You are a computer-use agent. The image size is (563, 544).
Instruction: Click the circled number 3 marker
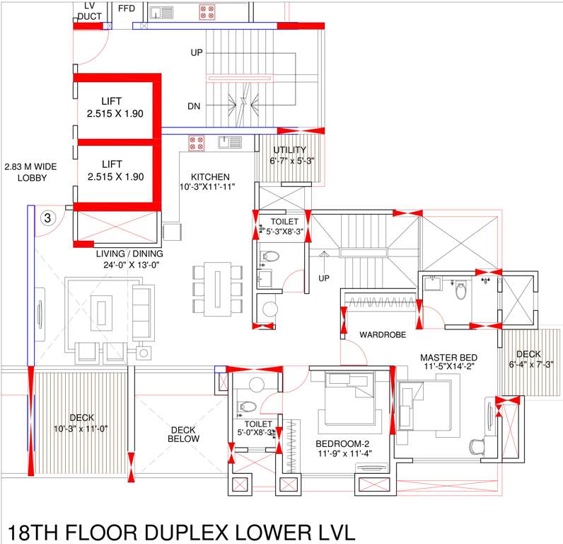[x=47, y=217]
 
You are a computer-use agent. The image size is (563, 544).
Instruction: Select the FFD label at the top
[x=127, y=8]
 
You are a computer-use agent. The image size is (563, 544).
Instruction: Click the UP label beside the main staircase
[x=197, y=52]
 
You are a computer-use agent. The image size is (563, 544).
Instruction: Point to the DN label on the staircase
[x=194, y=106]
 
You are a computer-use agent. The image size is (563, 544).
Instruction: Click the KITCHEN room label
[x=209, y=176]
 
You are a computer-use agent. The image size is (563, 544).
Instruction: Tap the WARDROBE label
[x=382, y=334]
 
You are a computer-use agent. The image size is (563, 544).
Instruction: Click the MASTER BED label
[x=448, y=358]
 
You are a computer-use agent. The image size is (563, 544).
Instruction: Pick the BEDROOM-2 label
[x=345, y=444]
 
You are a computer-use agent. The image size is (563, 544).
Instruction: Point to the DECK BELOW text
[x=183, y=433]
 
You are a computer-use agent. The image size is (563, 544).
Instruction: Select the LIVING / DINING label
[x=129, y=254]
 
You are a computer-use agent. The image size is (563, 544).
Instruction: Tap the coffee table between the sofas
[x=104, y=311]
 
